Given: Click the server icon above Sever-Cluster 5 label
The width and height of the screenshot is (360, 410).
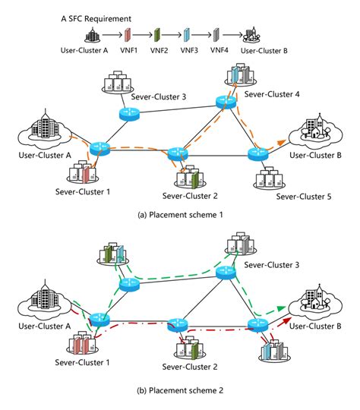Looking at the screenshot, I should [270, 178].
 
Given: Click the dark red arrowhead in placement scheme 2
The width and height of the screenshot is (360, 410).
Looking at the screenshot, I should [287, 320].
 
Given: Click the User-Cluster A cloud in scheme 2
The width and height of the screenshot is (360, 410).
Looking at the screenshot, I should [44, 299].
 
